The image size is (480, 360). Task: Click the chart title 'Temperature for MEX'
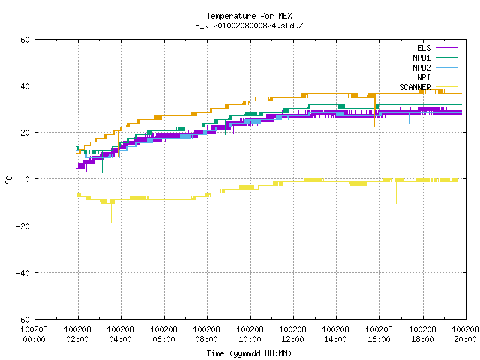click(249, 16)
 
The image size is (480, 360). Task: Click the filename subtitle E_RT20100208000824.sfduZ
click(249, 25)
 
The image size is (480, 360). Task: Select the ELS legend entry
click(437, 48)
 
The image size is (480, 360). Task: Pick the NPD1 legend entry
click(435, 58)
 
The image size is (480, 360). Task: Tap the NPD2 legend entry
click(435, 67)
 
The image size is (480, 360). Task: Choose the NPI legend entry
click(437, 77)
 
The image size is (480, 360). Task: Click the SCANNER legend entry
click(428, 87)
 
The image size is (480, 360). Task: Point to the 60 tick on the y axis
click(25, 40)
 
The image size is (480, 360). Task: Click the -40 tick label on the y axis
click(23, 273)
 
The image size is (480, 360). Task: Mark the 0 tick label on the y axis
click(28, 179)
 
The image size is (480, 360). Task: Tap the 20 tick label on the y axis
click(25, 133)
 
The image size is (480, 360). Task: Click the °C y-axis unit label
click(8, 180)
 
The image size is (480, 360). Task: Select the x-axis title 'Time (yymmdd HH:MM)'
click(249, 353)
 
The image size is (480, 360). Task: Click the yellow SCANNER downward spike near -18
click(111, 212)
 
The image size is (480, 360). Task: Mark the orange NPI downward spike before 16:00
click(375, 111)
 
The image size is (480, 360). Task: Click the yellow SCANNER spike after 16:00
click(397, 193)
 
